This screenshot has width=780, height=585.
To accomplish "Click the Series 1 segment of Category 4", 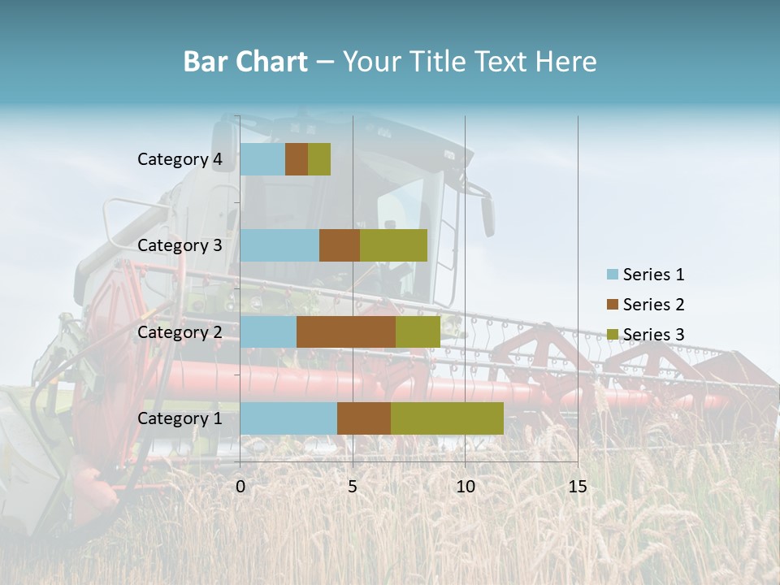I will click(x=262, y=159).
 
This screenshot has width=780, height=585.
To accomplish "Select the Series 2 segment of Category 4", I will click(x=297, y=159).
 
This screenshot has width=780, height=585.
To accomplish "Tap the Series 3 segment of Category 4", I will click(x=319, y=159).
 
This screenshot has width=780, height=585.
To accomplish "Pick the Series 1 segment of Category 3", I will click(x=279, y=245).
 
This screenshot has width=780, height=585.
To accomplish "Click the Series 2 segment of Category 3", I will click(x=340, y=245).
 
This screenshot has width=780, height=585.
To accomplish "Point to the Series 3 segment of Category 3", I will click(x=393, y=245).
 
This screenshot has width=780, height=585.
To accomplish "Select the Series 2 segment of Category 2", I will click(x=346, y=331).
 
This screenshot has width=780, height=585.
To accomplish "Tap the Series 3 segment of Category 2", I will click(x=418, y=331).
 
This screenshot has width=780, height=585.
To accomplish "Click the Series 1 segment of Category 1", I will click(x=288, y=418).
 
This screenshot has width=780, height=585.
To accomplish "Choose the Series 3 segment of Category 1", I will click(x=447, y=418).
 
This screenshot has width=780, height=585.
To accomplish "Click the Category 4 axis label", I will click(x=180, y=159).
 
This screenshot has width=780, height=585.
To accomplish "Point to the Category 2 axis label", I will click(x=180, y=331).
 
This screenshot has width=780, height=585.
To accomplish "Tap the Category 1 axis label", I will click(x=180, y=418).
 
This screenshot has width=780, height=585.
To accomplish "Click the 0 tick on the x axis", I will click(x=240, y=487).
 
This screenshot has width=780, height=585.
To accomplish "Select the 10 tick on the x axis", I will click(x=465, y=487).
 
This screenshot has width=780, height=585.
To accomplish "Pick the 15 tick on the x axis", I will click(x=577, y=487).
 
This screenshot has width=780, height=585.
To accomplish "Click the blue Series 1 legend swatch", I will click(x=613, y=275).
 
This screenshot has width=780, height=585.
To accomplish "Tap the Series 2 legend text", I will click(x=653, y=305).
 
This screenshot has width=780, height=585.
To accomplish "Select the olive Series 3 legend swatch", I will click(x=613, y=335).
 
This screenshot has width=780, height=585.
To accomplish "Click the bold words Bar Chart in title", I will click(x=245, y=62).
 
